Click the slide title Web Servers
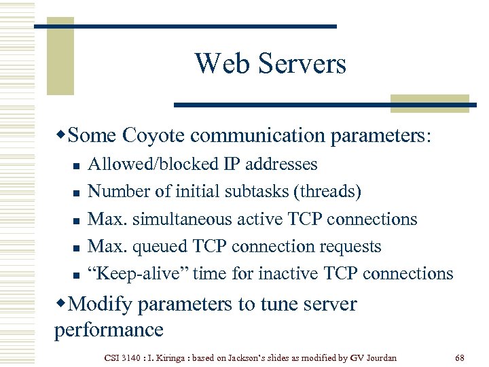click(270, 64)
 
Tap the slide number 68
click(459, 357)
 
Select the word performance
click(109, 330)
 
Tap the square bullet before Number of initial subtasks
click(76, 193)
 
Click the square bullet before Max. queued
click(76, 247)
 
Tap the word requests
click(357, 246)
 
